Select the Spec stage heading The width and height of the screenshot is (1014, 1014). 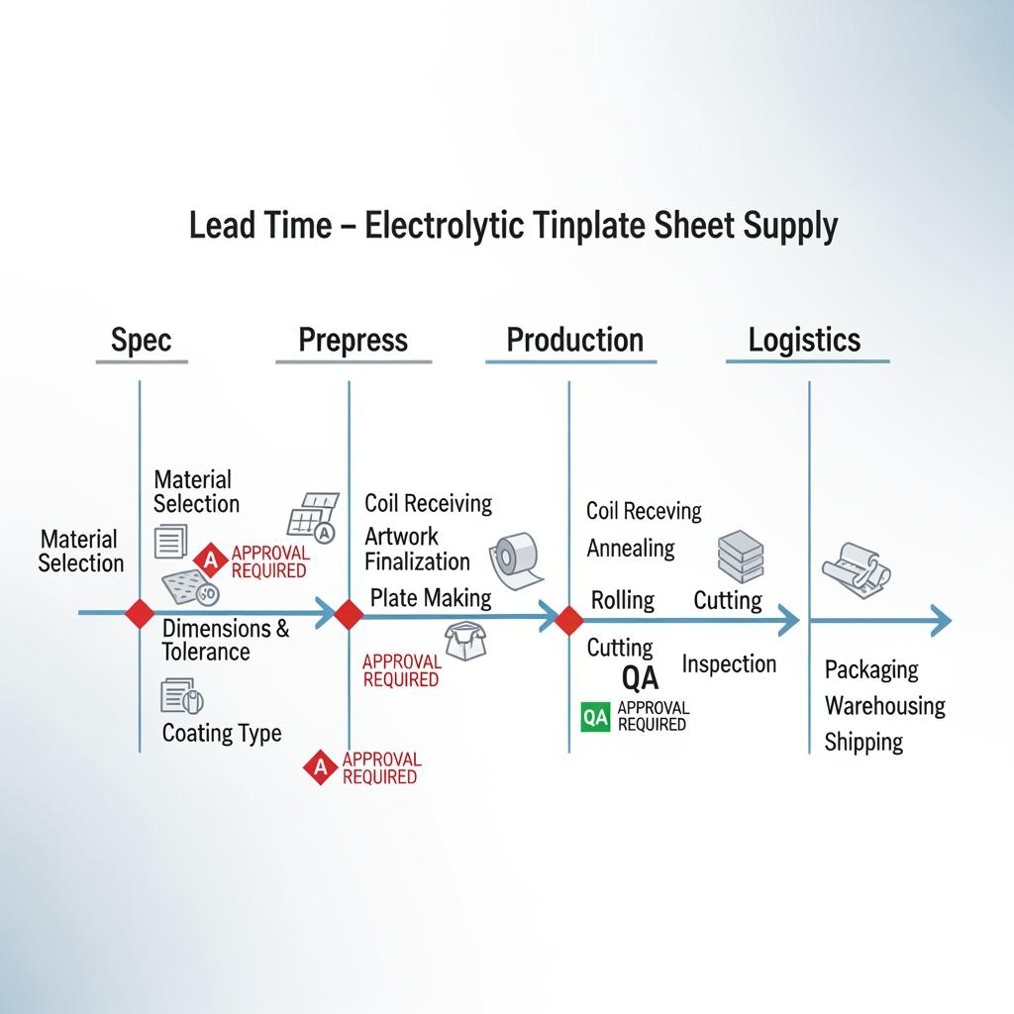[x=142, y=341]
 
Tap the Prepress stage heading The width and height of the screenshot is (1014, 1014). [x=354, y=341]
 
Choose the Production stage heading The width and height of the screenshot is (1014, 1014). [x=574, y=341]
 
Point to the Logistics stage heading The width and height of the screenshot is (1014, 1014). [x=804, y=341]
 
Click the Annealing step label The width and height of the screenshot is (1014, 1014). [x=631, y=548]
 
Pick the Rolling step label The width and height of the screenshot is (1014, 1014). [x=623, y=600]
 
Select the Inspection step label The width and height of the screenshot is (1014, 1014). [x=730, y=664]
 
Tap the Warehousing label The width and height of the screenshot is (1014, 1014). [x=885, y=706]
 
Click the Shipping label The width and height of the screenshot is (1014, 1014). [x=863, y=743]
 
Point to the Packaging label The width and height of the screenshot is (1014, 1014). [x=871, y=670]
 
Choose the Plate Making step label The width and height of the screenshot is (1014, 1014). [x=431, y=598]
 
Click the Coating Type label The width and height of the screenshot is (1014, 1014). [x=222, y=734]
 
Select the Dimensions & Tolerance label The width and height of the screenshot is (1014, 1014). [x=226, y=640]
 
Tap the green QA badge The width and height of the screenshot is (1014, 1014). [x=595, y=718]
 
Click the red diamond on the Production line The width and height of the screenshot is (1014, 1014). [x=568, y=621]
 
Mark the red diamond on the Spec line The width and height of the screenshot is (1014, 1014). [x=140, y=613]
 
